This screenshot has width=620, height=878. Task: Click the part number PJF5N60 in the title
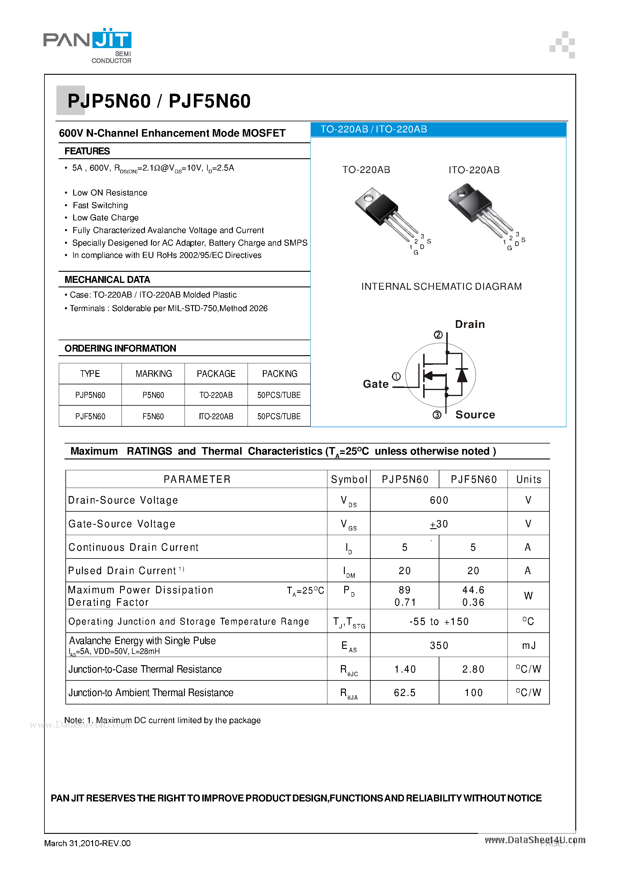[x=209, y=101]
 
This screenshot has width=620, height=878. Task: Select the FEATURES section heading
[x=87, y=151]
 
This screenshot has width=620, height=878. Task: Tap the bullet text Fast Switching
[x=100, y=205]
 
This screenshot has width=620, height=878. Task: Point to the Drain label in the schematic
[x=469, y=324]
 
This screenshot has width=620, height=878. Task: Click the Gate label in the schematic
[x=375, y=384]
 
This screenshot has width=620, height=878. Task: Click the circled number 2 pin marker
[x=438, y=335]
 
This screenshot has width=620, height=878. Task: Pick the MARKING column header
[x=154, y=374]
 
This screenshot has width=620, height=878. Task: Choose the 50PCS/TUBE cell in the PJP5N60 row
[x=279, y=395]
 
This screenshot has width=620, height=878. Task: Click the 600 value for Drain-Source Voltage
[x=439, y=500]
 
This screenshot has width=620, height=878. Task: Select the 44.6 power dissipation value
[x=473, y=590]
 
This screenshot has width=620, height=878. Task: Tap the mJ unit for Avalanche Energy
[x=528, y=646]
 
